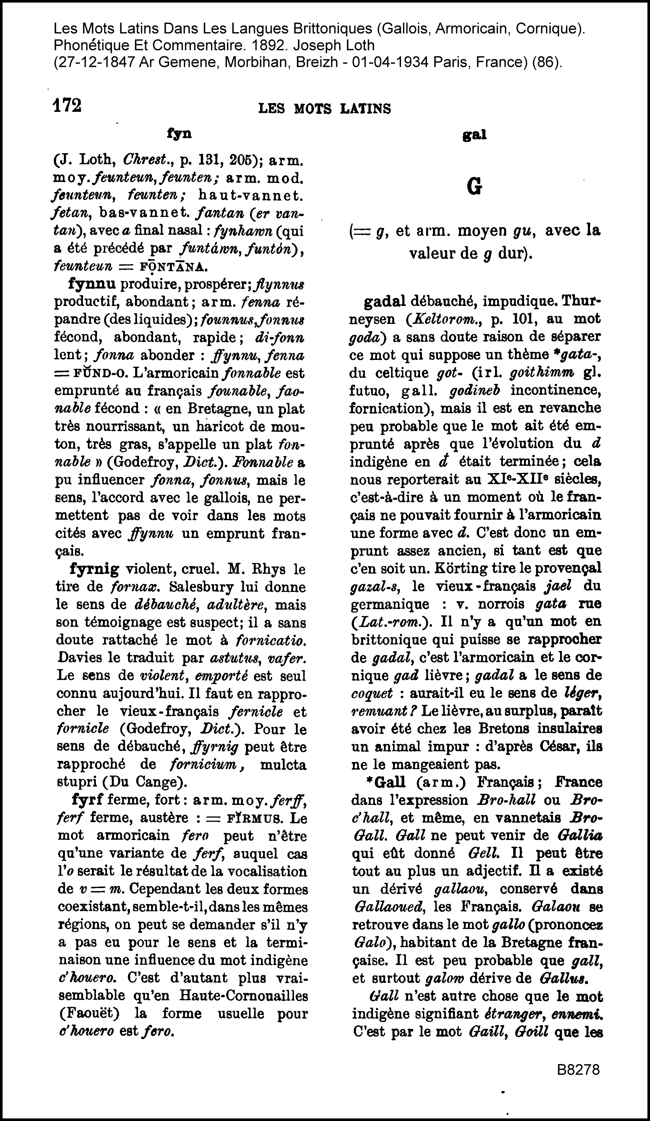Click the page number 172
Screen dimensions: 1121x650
tap(67, 106)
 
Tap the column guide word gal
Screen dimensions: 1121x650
tap(474, 135)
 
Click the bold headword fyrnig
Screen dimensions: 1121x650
tap(95, 569)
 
